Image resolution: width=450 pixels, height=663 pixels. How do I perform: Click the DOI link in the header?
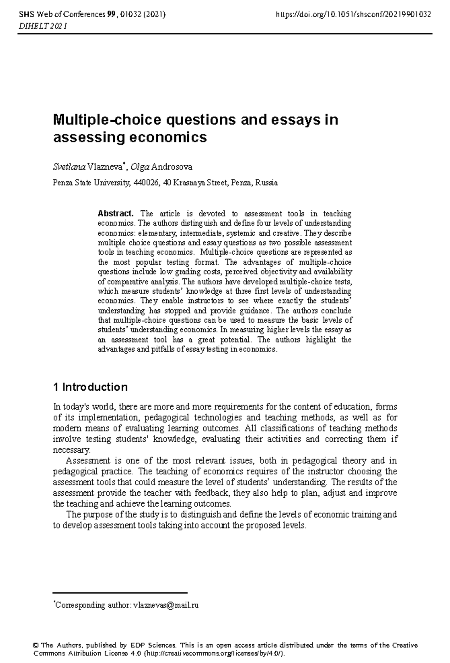[x=353, y=15]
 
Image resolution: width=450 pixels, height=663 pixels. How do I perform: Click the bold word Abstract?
[x=115, y=214]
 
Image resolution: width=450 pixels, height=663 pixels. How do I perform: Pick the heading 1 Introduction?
[x=90, y=387]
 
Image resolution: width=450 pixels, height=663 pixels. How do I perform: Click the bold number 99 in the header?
[x=111, y=15]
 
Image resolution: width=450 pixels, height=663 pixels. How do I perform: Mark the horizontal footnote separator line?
[x=120, y=593]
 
